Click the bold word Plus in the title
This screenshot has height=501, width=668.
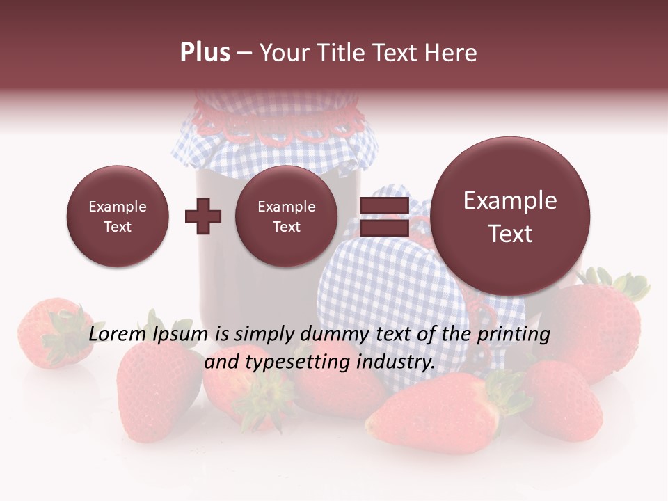point(205,53)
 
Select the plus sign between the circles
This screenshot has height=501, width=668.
point(203,216)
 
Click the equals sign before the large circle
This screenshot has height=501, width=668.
point(384,216)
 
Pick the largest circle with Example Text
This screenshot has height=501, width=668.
point(510,216)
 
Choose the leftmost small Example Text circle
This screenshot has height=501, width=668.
point(117,216)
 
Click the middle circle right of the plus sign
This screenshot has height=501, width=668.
point(286,216)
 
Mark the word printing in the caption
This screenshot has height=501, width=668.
point(513,335)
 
